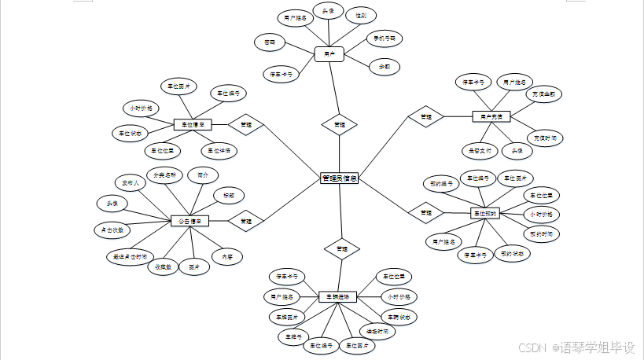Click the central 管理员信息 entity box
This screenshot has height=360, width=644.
pos(340,178)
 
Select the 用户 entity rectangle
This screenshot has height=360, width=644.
pos(329,55)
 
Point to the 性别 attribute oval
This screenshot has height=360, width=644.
pos(360,15)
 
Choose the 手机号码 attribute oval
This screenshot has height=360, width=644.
pos(387,38)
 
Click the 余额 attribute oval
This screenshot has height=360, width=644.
pos(385,67)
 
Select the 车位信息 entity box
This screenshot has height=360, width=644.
pos(193,124)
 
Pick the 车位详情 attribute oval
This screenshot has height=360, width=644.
pos(221,149)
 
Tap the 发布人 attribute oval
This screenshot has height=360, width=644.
pos(130,183)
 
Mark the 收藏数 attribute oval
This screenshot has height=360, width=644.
pos(163,266)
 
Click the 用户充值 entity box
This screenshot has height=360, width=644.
pos(491,116)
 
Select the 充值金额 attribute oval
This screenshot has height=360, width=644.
pos(544,94)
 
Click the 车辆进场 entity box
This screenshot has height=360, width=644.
pos(338,297)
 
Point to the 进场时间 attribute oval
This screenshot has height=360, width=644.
pos(377,331)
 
